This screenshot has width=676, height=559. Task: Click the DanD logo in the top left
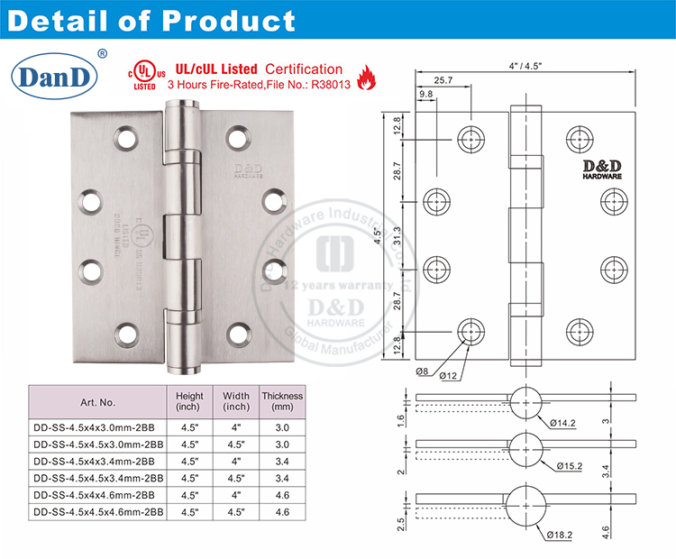(x=56, y=77)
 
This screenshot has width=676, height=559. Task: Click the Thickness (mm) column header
(x=282, y=402)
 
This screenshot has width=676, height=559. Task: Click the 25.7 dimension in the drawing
(x=443, y=81)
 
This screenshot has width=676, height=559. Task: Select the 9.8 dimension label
(x=425, y=94)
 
